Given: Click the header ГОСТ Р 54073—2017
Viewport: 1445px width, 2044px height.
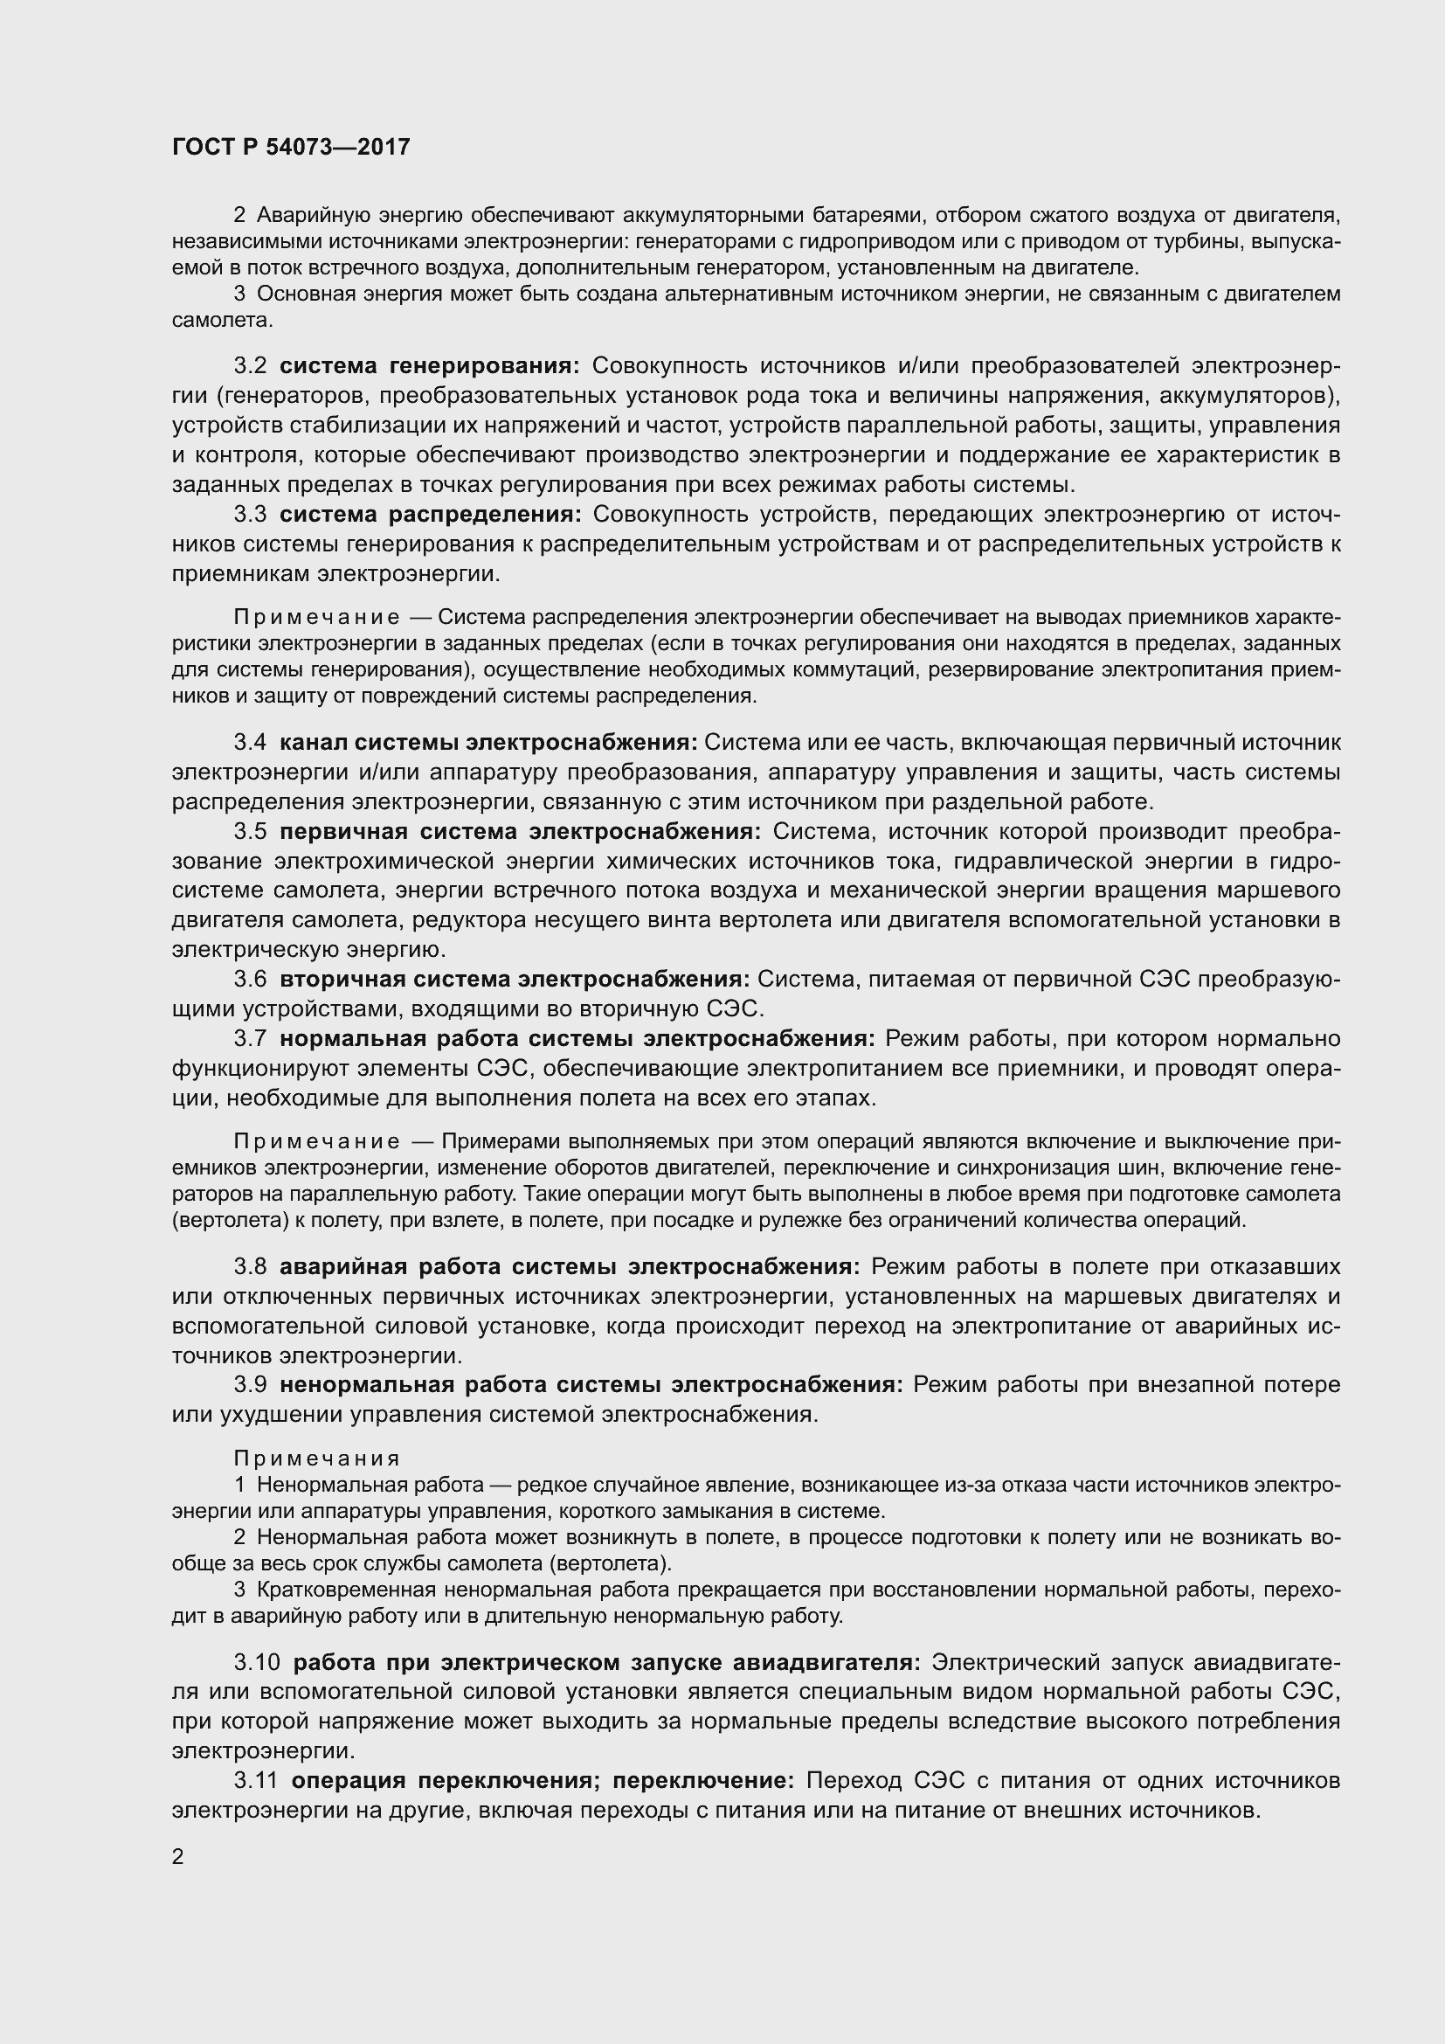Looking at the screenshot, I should click(291, 147).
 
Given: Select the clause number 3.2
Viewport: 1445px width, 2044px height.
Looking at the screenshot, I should click(250, 366).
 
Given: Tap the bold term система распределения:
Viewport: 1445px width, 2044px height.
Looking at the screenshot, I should click(431, 515).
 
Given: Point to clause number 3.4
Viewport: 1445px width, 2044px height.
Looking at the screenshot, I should click(250, 743).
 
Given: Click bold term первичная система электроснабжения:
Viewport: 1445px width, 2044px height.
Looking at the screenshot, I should click(521, 831).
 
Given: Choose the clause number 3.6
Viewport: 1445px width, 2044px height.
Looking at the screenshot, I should click(250, 980).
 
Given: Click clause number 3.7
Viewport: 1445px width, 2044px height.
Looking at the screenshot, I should click(250, 1039).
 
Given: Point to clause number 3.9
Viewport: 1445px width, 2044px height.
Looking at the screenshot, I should click(250, 1385).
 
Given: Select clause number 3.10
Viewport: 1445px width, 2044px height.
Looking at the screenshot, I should click(257, 1662).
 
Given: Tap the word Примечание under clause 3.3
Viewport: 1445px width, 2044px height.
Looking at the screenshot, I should click(317, 618).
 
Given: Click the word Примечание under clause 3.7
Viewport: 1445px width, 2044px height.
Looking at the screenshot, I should click(317, 1142).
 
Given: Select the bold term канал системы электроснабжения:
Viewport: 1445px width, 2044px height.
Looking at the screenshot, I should click(488, 743).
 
